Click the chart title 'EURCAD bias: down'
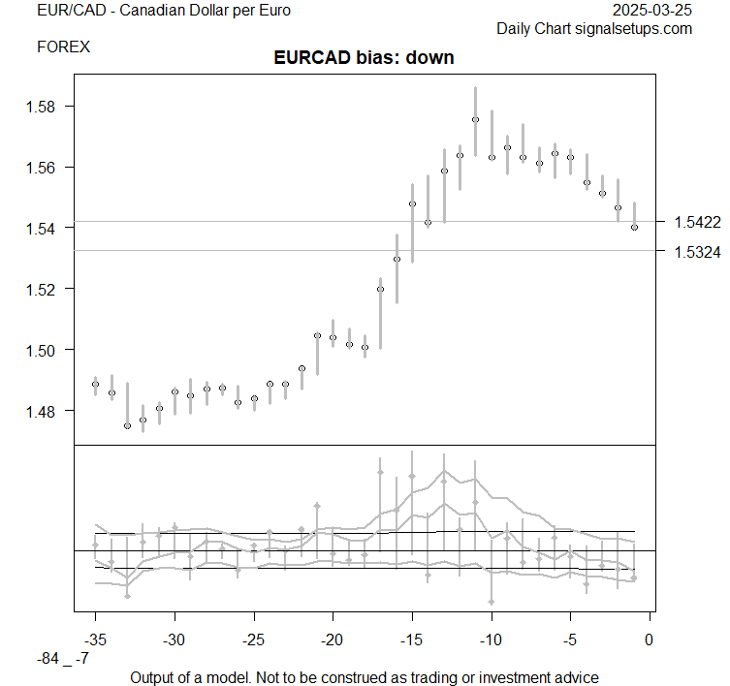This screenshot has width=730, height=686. coord(364,58)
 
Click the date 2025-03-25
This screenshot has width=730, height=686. coord(653,11)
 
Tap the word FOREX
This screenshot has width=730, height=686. coord(63,46)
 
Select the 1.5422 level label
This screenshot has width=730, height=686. coord(697,223)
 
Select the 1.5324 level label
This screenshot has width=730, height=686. coord(697,252)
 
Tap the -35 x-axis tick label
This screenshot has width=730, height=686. coord(95,640)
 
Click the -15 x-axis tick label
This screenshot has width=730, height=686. coord(412,640)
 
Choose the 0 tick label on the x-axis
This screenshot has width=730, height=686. coord(650,640)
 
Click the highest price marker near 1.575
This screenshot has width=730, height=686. coord(475,119)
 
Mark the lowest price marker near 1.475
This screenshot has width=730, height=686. coord(127,425)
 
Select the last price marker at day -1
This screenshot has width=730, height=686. coord(634,228)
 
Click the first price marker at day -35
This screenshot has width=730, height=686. coord(95,384)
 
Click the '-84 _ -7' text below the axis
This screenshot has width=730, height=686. coord(63,659)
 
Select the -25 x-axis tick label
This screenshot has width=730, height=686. coord(254,640)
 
